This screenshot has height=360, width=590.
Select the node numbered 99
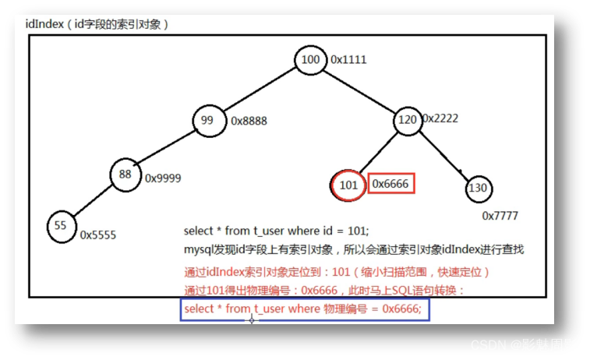pos(209,121)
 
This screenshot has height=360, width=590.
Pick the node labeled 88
pos(125,175)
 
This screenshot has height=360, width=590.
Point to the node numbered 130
pos(480,189)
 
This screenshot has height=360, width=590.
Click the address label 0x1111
pos(348,60)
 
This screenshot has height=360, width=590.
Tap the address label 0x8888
pos(249,122)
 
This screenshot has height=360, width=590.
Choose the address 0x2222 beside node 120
pos(440,118)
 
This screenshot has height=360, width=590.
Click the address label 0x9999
pos(163,178)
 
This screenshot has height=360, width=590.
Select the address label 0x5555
pos(98,234)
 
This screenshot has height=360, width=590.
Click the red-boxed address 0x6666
pos(390,184)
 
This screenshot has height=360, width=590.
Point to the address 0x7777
pos(500,215)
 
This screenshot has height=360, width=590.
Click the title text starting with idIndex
pos(96,23)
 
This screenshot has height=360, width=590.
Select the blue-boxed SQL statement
pos(305,309)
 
